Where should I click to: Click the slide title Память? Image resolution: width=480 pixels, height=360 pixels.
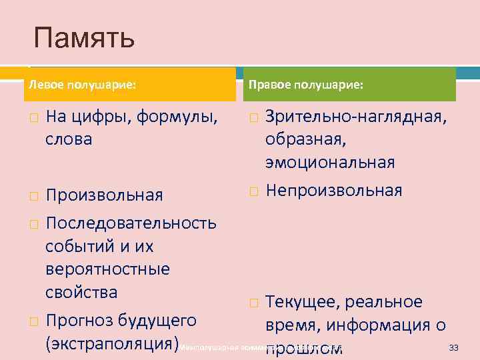point(85,39)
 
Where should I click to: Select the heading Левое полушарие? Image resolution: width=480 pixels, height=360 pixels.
point(81,85)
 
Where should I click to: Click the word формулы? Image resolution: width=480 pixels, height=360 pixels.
point(177,117)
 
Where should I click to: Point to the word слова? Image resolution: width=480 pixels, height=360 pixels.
point(69,140)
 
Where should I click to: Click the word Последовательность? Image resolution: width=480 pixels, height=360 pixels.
point(130,221)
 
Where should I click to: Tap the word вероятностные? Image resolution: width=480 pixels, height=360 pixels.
point(107,269)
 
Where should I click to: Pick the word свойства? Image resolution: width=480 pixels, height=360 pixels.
point(81,292)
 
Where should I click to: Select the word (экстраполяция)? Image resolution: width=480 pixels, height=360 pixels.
point(113,344)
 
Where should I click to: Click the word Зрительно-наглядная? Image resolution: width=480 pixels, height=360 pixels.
point(356,117)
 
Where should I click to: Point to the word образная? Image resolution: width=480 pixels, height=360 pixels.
point(301,140)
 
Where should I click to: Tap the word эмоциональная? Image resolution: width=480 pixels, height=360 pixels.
point(329,163)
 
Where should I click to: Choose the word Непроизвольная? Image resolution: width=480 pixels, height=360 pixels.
point(333,191)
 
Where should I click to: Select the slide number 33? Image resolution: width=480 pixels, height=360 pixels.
point(454,347)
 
